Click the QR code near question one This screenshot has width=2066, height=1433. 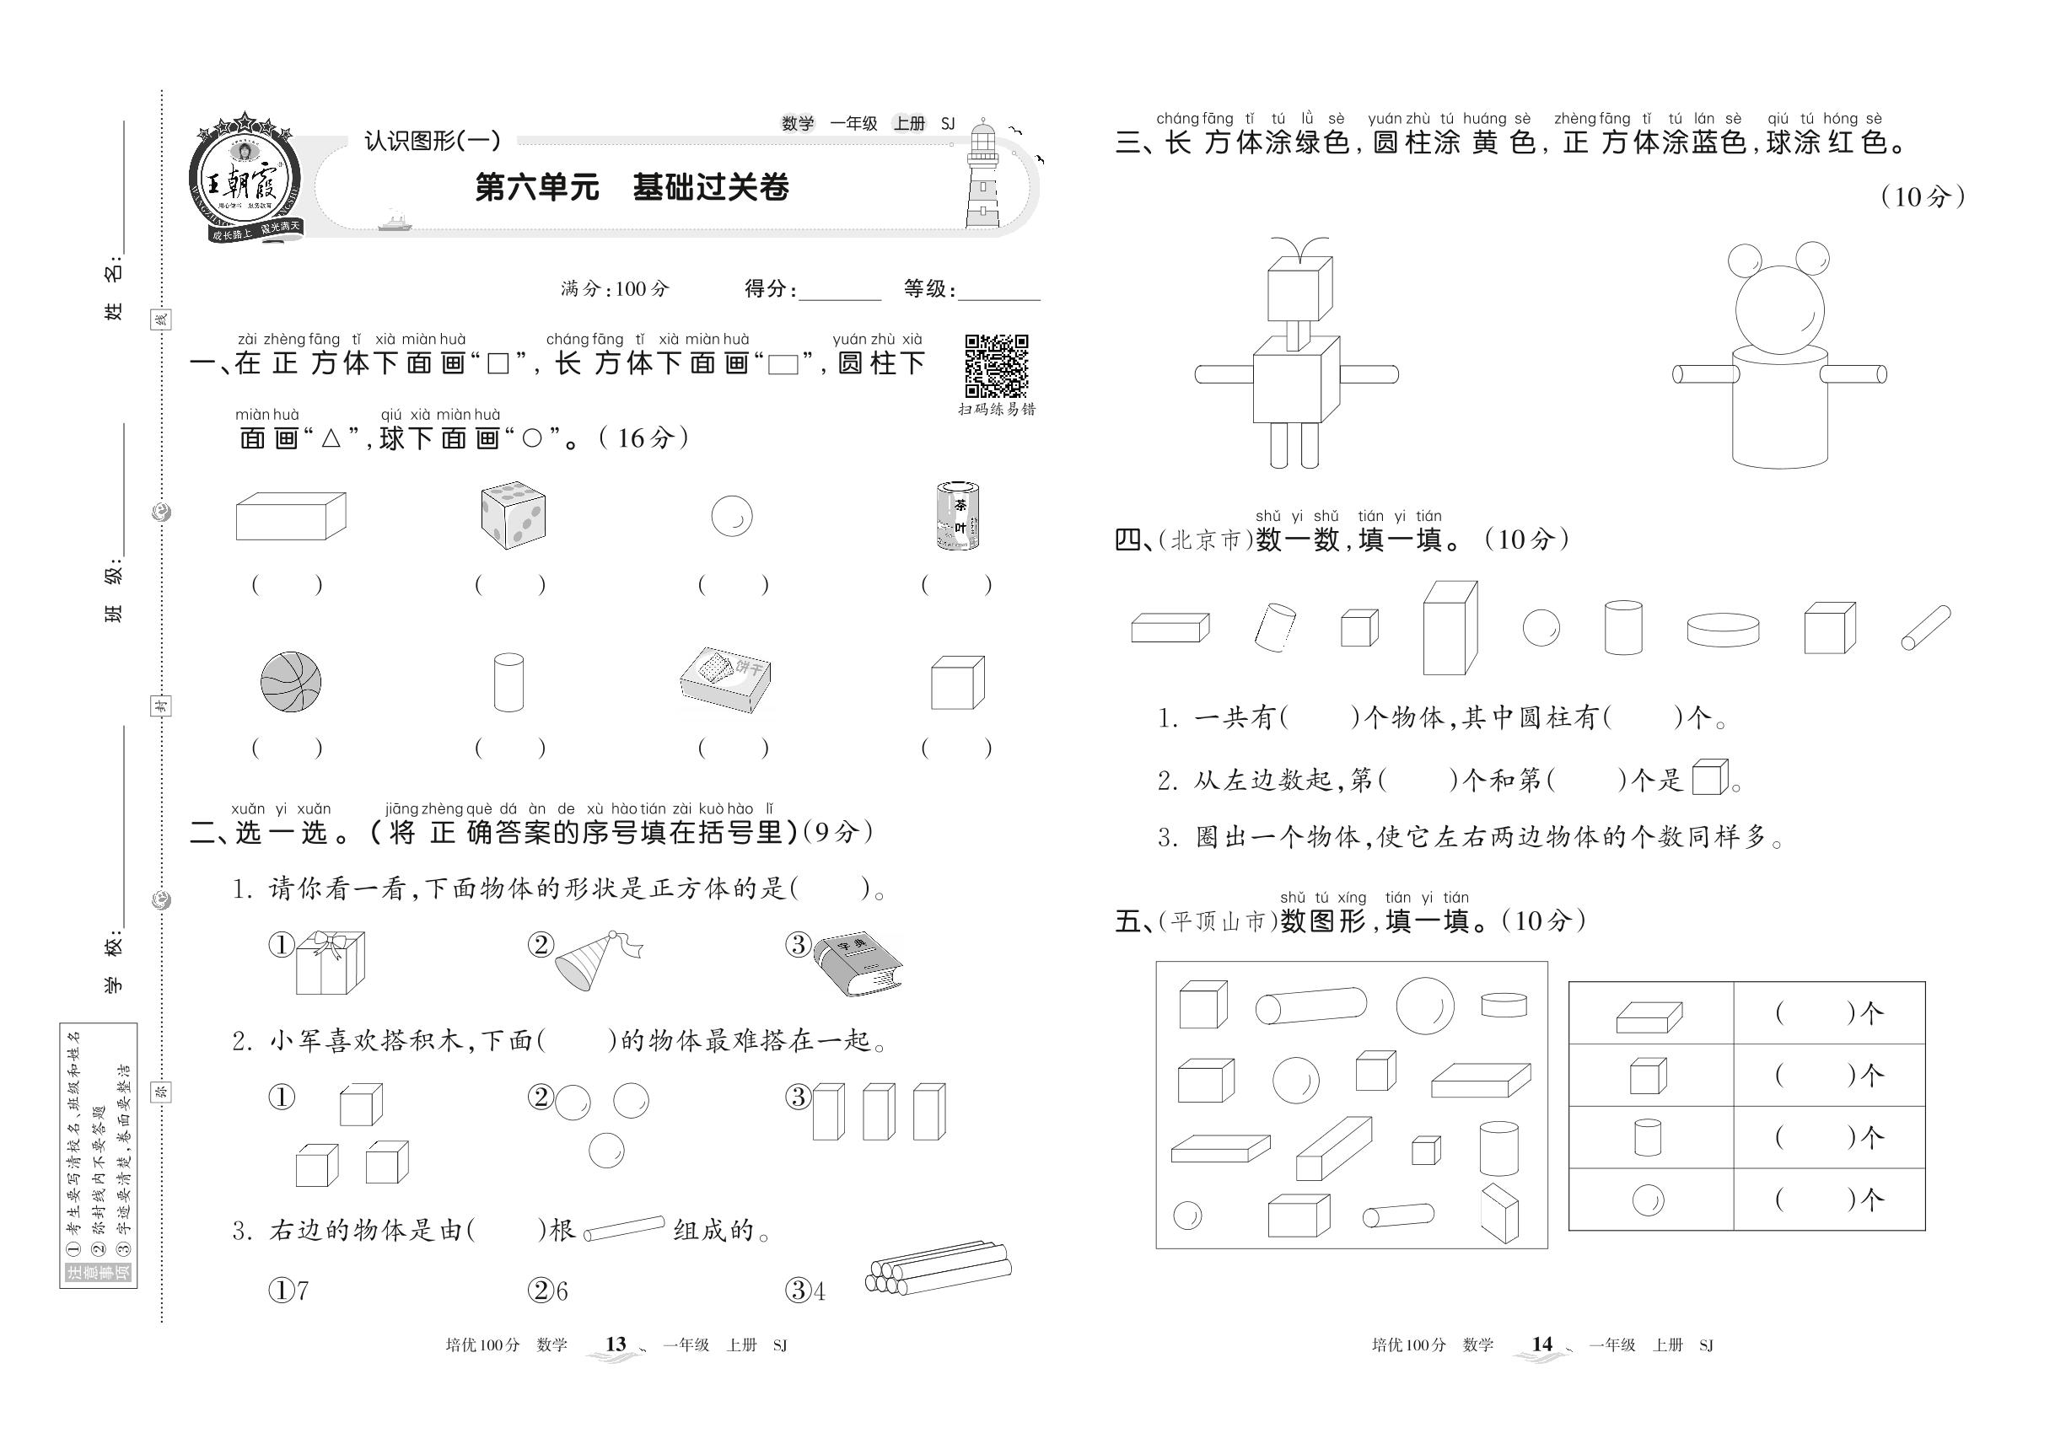(995, 366)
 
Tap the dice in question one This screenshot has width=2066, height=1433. (513, 515)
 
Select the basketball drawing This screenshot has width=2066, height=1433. (290, 683)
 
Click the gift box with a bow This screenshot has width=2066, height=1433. (330, 963)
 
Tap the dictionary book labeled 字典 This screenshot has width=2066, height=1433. (857, 963)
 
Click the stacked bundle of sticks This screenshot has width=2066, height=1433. (938, 1268)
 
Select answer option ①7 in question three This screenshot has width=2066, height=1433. (289, 1291)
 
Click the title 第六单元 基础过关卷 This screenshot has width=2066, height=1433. (632, 188)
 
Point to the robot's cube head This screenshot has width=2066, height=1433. (1299, 289)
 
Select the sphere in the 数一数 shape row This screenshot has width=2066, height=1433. (1541, 628)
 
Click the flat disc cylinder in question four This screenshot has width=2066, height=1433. (1722, 630)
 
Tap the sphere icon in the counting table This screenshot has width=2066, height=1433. (1648, 1200)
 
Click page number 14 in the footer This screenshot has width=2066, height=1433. (1541, 1344)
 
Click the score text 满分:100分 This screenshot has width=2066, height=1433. (615, 289)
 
